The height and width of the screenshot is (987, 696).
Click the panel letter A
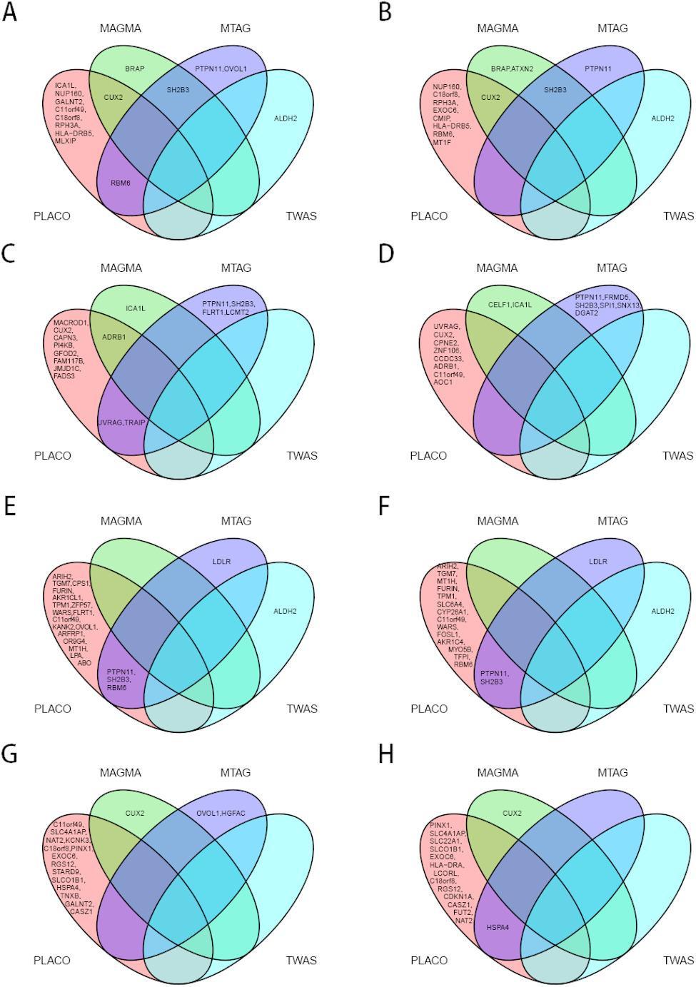coord(9,14)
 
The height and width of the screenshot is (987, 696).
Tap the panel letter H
coord(386,754)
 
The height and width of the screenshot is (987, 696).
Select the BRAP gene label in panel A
coord(135,69)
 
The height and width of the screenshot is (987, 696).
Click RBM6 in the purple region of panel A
coord(121,183)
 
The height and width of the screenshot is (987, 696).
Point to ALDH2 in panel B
coord(662,118)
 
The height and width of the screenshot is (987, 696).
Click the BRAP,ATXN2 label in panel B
coord(512,69)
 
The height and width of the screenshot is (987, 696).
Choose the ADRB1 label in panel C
coord(114,337)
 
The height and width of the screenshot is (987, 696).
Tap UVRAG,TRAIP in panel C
coord(121,422)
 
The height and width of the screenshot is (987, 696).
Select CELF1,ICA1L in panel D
coord(510,305)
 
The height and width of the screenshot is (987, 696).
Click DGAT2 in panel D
coord(586,313)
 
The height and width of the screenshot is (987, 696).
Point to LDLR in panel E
coord(222,561)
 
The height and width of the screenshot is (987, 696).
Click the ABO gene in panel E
coord(84,663)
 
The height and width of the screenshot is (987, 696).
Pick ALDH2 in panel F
coord(662,611)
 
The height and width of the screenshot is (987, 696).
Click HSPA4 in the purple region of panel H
coord(498,928)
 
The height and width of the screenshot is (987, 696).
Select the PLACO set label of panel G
coord(52,961)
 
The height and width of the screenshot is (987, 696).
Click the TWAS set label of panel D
coord(677,455)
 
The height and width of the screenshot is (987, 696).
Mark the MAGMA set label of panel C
coord(121,268)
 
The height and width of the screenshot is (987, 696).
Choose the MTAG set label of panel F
coord(612,521)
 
